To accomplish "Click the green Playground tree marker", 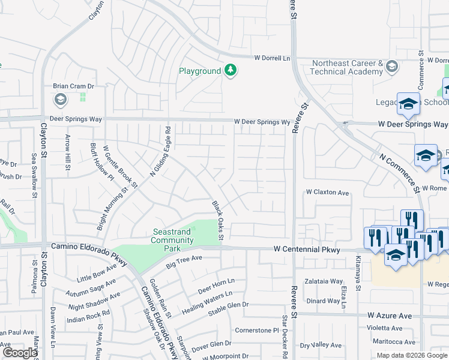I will pos(230,71).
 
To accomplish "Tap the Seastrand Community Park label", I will pos(172,240).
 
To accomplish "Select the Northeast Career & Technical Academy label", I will pos(346,67).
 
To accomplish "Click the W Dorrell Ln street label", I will pos(272,58).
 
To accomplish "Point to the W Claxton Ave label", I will pos(327,193).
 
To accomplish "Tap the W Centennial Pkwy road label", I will pos(307,249).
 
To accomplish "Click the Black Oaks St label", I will pos(217,221).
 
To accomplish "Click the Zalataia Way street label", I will pos(324,281).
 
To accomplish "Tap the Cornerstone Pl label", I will pos(257,330).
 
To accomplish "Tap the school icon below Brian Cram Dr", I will pos(60,99).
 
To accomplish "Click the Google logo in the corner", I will pos(19,353).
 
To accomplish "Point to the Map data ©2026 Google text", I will pos(412,355).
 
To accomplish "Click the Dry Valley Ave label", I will pos(321,346).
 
